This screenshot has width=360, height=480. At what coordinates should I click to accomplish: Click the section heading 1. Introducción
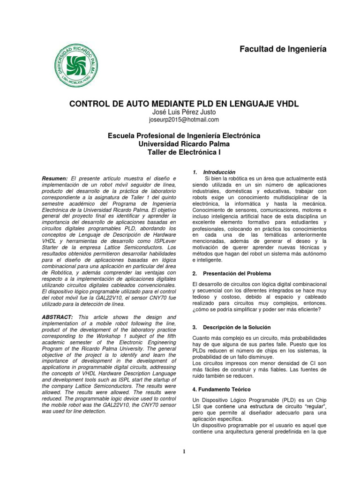click(x=214, y=172)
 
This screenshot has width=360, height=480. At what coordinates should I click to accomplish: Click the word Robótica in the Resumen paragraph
click(x=57, y=272)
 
